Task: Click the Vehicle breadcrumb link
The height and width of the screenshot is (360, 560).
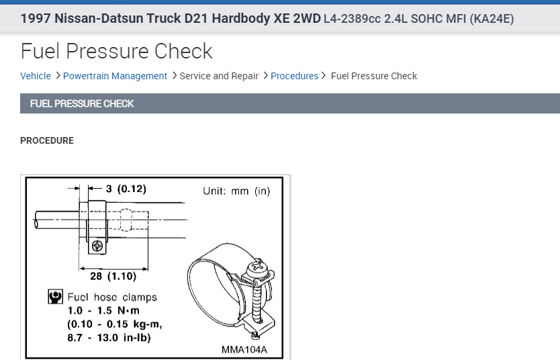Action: click(36, 76)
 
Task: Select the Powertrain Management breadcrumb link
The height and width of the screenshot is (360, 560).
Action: click(115, 76)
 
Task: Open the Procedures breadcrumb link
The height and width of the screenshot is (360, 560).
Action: click(294, 76)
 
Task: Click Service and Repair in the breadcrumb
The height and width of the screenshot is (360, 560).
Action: click(219, 76)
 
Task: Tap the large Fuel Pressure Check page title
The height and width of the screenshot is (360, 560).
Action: click(116, 51)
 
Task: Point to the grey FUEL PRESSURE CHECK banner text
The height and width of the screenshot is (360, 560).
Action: click(82, 103)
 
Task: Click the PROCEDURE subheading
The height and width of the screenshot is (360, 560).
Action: click(47, 141)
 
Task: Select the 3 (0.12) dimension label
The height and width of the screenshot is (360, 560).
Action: click(126, 189)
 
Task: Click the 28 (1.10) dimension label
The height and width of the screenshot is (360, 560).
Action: click(113, 276)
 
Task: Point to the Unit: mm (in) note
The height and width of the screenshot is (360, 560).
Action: click(236, 191)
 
